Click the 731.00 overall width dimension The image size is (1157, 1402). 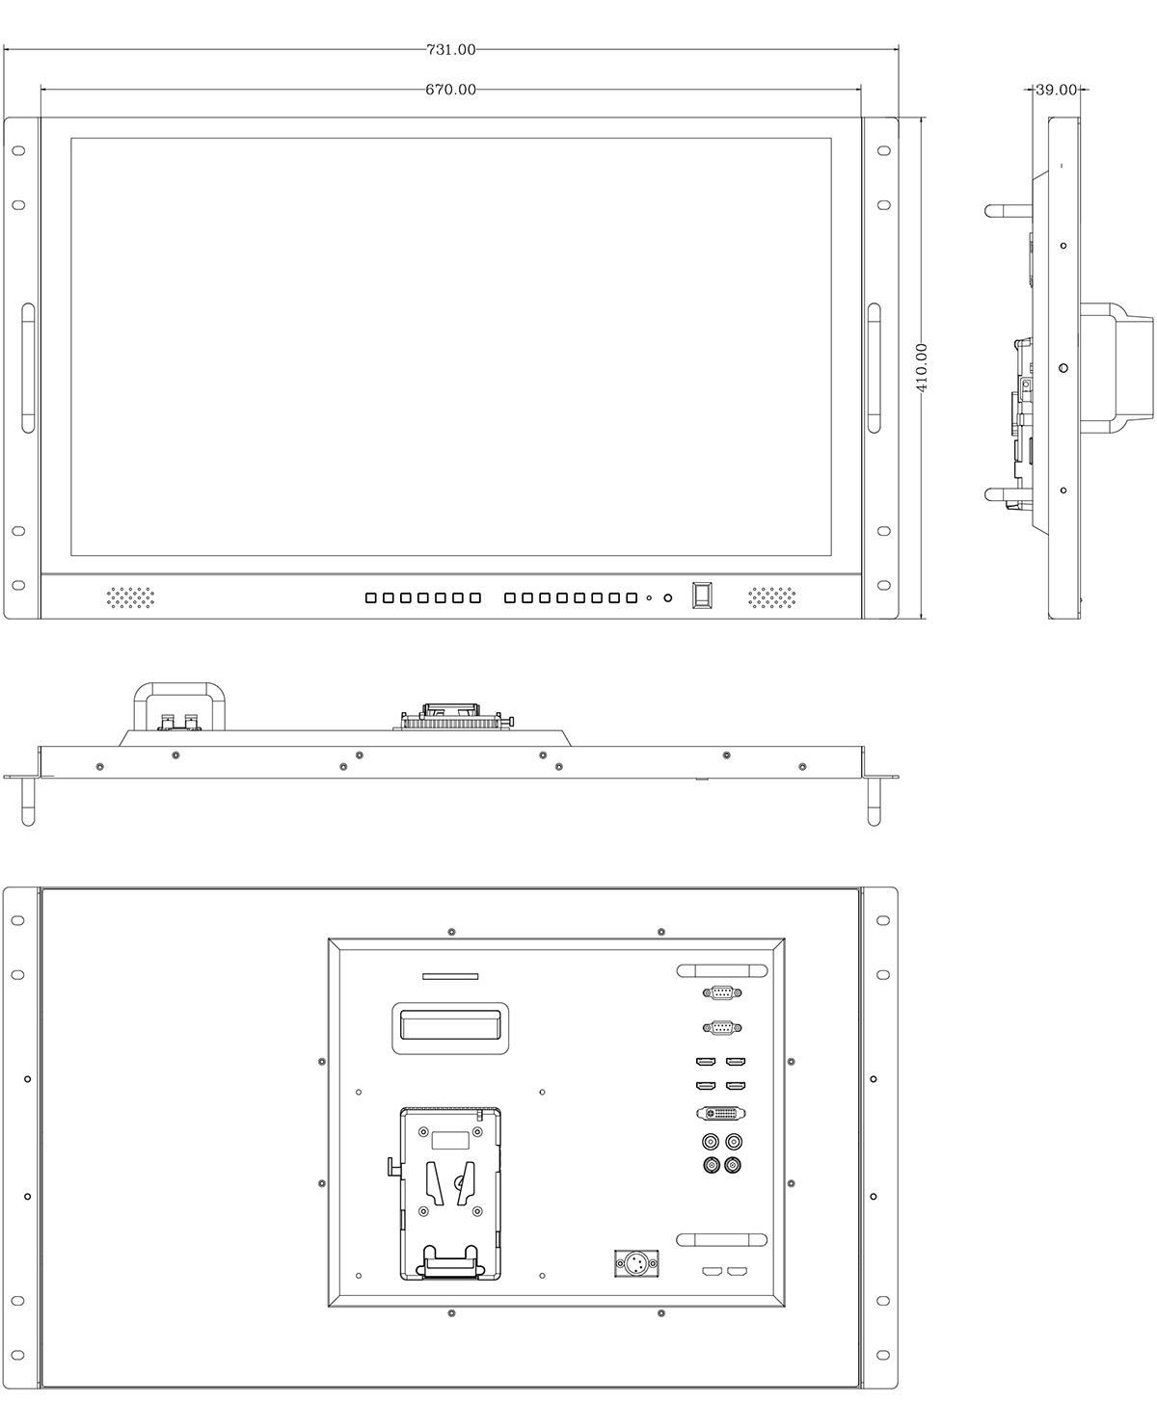click(450, 49)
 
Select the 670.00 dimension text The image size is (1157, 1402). click(450, 90)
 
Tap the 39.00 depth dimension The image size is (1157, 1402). click(1056, 90)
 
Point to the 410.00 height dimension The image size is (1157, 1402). click(921, 367)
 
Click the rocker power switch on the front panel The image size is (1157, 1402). click(702, 595)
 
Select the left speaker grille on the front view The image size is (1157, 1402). click(130, 596)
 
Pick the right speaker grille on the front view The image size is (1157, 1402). click(772, 596)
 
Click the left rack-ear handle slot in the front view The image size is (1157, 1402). click(28, 367)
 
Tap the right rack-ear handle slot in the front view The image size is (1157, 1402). click(874, 367)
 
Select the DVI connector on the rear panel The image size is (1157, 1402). click(721, 1113)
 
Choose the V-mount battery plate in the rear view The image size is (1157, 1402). click(450, 1193)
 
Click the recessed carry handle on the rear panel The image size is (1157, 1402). click(450, 1028)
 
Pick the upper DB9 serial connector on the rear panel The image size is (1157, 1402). click(721, 992)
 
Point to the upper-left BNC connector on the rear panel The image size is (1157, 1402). click(711, 1142)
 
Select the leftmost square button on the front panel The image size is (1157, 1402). click(371, 597)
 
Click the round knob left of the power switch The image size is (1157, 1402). click(668, 597)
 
